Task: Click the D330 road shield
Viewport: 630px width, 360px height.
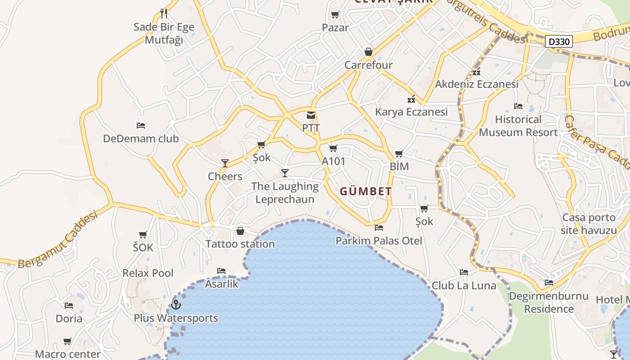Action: (560, 42)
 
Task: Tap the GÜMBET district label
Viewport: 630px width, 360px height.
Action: (365, 191)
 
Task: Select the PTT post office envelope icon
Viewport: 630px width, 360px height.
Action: (311, 115)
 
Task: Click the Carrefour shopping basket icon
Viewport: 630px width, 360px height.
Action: (369, 52)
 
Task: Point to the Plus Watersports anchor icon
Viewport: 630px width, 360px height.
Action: (176, 305)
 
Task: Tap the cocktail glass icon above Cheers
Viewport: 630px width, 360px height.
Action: (225, 163)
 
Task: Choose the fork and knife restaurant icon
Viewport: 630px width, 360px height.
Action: (164, 13)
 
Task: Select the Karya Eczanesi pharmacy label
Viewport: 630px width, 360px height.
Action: (412, 112)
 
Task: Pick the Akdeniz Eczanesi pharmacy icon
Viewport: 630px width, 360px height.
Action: (477, 72)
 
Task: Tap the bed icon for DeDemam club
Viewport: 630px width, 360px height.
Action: (141, 125)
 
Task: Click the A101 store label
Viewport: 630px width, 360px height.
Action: (333, 161)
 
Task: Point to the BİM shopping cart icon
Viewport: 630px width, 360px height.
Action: (399, 154)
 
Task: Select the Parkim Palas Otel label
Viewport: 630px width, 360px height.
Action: (379, 241)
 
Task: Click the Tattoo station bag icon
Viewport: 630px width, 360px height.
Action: (240, 231)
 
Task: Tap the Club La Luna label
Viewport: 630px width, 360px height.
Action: (464, 285)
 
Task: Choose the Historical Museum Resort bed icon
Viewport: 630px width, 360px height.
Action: (518, 106)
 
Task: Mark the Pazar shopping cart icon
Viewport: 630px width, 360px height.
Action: (335, 15)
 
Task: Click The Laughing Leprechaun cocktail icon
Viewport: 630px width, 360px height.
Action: (285, 173)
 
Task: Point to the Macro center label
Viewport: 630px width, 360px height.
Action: (67, 354)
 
